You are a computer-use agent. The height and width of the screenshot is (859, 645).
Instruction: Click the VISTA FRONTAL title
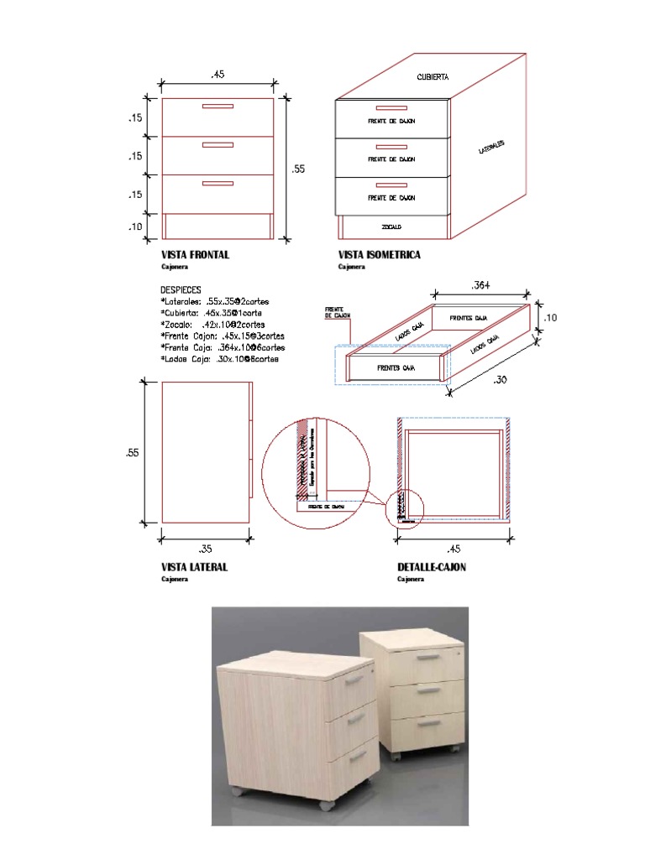(x=195, y=255)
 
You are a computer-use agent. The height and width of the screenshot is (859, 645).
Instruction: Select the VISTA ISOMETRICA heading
(x=379, y=255)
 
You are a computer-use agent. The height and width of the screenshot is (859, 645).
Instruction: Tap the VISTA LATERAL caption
(x=194, y=567)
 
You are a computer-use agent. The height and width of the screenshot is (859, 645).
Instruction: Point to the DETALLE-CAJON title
(x=432, y=567)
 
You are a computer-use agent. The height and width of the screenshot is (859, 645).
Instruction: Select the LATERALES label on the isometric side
(x=491, y=148)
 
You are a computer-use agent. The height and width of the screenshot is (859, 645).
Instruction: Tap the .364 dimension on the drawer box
(x=481, y=285)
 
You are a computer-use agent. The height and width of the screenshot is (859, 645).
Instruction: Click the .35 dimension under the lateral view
(x=205, y=549)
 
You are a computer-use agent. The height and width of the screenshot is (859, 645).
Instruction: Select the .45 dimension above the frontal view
(x=218, y=75)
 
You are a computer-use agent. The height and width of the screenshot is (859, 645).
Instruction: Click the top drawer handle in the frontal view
(x=218, y=107)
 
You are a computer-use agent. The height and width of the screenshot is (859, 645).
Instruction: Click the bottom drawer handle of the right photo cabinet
(x=428, y=721)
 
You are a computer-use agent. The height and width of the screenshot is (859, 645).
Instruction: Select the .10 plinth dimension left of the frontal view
(x=136, y=226)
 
